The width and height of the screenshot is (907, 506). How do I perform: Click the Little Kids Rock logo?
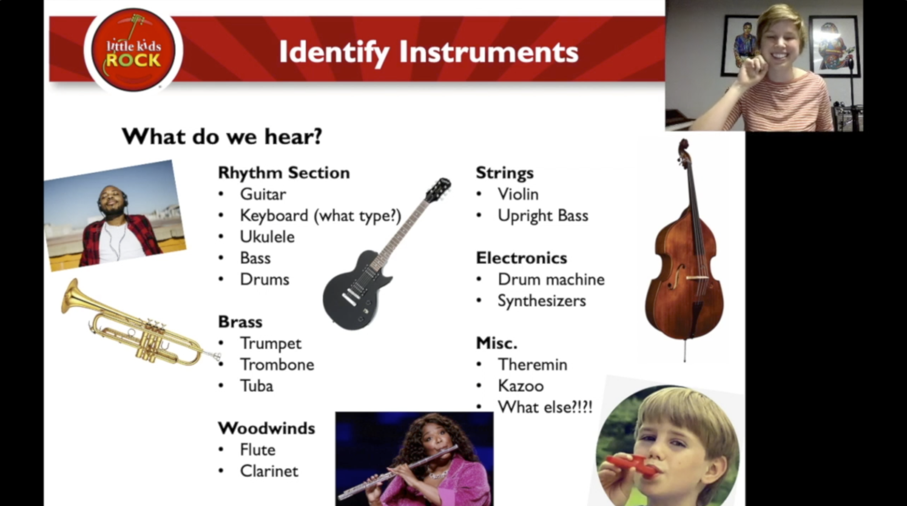click(133, 50)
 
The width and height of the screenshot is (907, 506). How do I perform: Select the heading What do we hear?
click(222, 136)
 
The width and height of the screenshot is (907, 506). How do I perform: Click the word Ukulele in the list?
click(267, 237)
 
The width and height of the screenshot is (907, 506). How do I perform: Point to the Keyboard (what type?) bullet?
click(320, 215)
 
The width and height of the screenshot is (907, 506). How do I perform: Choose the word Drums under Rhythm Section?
click(264, 279)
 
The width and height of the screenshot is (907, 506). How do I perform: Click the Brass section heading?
click(240, 322)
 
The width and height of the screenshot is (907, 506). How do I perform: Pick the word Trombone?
click(277, 365)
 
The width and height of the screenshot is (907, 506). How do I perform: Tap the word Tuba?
click(257, 386)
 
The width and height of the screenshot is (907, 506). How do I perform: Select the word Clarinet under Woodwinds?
click(269, 471)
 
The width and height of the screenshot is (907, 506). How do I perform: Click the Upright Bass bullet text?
click(543, 215)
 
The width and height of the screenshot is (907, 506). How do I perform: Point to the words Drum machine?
click(551, 279)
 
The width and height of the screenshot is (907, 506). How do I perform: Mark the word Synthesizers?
click(542, 301)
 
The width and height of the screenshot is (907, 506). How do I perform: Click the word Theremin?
click(532, 365)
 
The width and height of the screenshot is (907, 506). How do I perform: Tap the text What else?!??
click(545, 407)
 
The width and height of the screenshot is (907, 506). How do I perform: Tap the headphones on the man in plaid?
click(124, 199)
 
